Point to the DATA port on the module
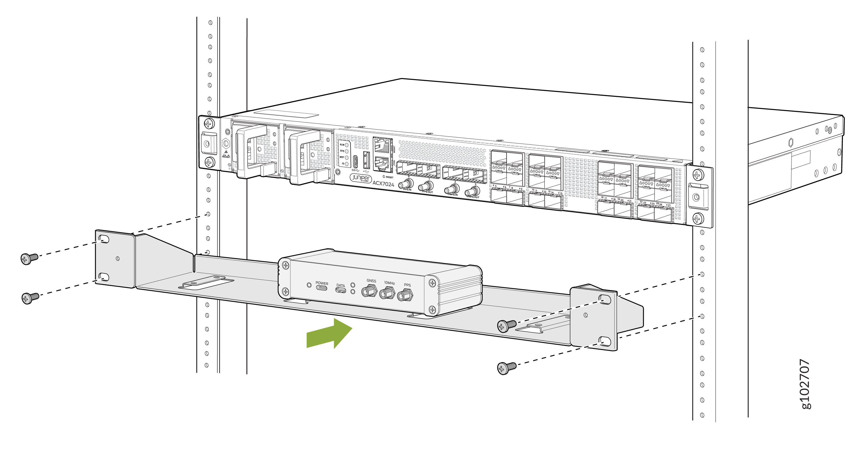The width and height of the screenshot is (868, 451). pyautogui.click(x=340, y=290)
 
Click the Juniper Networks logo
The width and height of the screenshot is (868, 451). pyautogui.click(x=360, y=178)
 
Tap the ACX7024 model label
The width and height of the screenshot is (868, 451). pyautogui.click(x=383, y=184)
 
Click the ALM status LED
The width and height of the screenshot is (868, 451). pyautogui.click(x=347, y=145)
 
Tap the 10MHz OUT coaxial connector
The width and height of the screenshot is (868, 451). pyautogui.click(x=472, y=192)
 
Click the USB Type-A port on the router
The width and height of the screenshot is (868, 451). pyautogui.click(x=367, y=160)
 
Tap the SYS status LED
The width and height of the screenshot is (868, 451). pyautogui.click(x=347, y=151)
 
